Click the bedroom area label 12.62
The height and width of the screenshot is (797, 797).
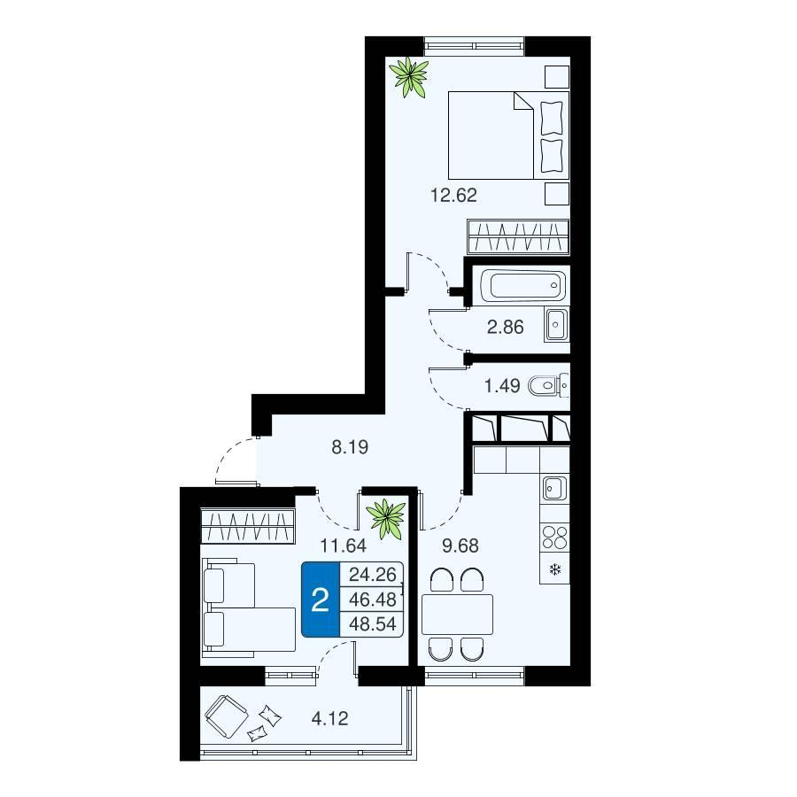click(454, 195)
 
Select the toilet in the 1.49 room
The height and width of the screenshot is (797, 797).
click(548, 386)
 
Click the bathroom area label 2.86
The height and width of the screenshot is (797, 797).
click(506, 327)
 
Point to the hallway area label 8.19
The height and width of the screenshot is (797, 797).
click(350, 447)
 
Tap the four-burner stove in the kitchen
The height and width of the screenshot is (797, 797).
click(554, 537)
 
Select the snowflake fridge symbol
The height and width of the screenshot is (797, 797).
click(555, 569)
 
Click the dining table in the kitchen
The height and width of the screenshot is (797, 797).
click(457, 614)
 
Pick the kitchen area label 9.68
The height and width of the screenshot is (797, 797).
click(460, 546)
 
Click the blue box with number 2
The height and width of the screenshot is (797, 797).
click(321, 600)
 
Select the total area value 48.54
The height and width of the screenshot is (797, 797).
click(373, 624)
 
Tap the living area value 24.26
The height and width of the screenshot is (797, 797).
click(373, 575)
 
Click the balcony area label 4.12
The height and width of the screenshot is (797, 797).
click(330, 719)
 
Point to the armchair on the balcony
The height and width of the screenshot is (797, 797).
click(226, 716)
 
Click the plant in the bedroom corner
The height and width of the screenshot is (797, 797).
click(408, 77)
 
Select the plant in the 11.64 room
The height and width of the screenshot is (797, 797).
click(386, 518)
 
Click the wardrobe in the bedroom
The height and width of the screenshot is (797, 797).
click(518, 236)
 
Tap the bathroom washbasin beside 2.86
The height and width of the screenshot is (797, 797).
click(557, 324)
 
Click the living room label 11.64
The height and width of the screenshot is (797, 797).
click(343, 546)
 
